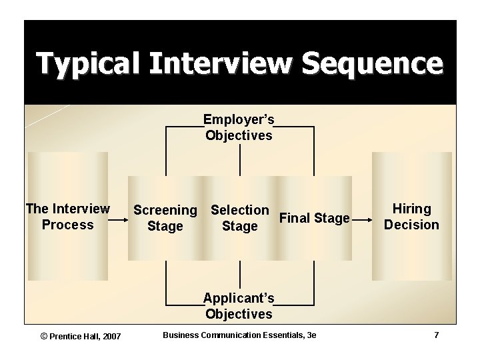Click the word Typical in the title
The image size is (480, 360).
point(88,63)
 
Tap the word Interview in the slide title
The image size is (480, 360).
point(221,63)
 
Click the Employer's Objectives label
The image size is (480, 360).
point(239,127)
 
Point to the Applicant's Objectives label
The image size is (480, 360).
point(239,305)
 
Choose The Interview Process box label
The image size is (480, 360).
point(67,217)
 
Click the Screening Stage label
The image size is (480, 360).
point(165,218)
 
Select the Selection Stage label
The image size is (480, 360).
point(239,218)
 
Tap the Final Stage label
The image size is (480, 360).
point(314,218)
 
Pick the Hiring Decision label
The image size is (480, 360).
point(411,217)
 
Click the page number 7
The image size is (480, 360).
point(436,335)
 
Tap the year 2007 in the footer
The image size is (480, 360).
point(111,335)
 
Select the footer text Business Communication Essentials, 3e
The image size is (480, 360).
point(239,335)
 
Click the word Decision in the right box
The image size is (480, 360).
point(411,225)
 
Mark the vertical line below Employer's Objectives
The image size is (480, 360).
point(240,160)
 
